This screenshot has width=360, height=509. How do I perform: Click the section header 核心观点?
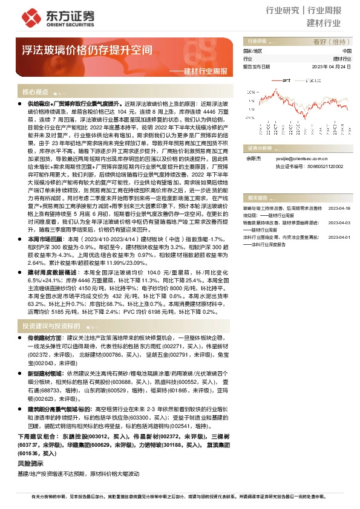[x=35, y=92]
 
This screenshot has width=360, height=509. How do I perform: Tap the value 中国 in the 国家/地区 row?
[x=346, y=51]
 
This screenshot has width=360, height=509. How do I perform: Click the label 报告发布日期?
[x=257, y=66]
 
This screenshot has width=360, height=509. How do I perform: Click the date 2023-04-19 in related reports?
[x=339, y=207]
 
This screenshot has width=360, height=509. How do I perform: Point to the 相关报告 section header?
[x=257, y=198]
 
